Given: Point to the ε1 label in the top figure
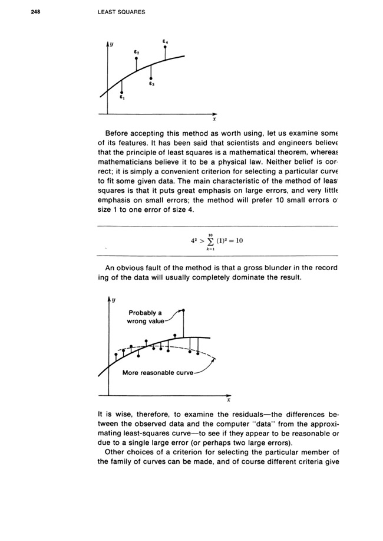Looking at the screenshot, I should click(122, 98).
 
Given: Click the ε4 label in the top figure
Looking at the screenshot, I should click(166, 41).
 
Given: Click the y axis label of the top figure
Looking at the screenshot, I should click(111, 45).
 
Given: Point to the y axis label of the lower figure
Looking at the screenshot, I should click(112, 301).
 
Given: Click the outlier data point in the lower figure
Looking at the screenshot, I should click(184, 310).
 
